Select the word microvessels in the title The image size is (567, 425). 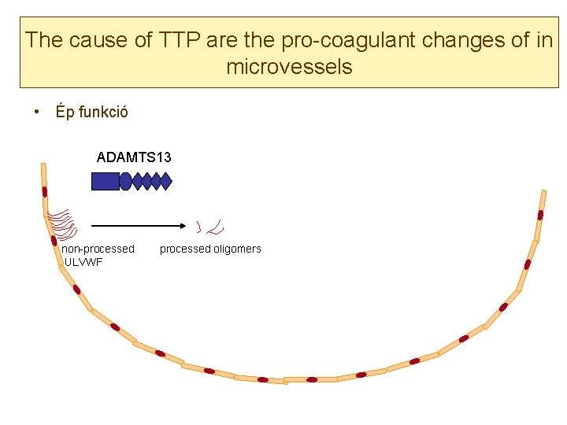tap(289, 67)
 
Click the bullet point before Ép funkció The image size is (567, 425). tap(38, 113)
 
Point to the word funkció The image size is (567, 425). tap(102, 113)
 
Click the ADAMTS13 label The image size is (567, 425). tap(134, 157)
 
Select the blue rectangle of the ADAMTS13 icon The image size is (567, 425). tap(106, 182)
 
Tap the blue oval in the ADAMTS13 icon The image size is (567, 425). tap(125, 182)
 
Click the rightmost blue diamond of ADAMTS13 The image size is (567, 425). tap(165, 182)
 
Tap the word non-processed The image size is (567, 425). tap(98, 249)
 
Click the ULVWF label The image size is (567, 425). tap(83, 262)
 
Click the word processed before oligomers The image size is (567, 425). tap(185, 249)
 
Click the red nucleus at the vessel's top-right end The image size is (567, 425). tap(540, 215)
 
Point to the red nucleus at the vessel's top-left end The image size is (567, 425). tap(44, 191)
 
